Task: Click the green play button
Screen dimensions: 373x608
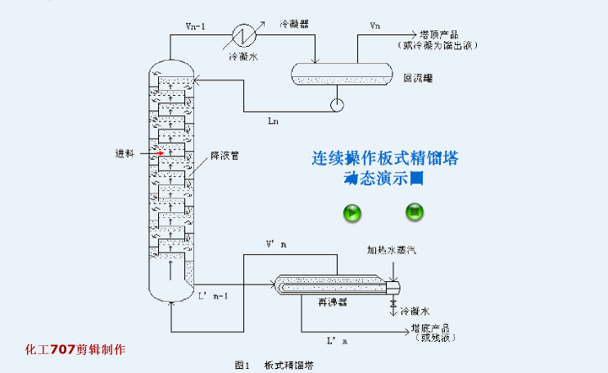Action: point(352,214)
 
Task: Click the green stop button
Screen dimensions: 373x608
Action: point(415,212)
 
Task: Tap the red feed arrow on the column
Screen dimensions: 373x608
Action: point(161,152)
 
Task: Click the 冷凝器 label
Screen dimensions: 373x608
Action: point(293,25)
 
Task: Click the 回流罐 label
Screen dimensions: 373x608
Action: point(418,79)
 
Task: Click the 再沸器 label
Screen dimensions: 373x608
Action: point(332,302)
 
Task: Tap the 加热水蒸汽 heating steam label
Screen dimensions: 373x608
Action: point(391,249)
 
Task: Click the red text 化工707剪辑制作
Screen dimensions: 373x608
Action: point(75,349)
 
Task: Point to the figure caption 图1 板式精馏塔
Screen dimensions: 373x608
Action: point(275,364)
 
